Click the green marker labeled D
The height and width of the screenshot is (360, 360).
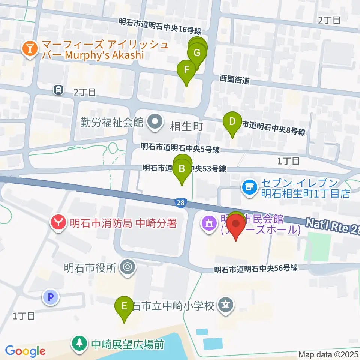coord(232,122)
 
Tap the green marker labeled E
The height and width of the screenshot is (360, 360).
coord(124,306)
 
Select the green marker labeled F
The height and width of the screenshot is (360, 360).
coord(186,70)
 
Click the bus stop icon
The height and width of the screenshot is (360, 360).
coord(58,90)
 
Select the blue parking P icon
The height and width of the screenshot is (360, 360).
coord(51,297)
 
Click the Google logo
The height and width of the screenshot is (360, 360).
coord(25,351)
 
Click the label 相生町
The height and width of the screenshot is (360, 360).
coord(186,126)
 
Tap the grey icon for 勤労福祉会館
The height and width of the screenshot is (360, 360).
coord(154,122)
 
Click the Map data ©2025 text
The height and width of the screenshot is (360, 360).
coord(328,354)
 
